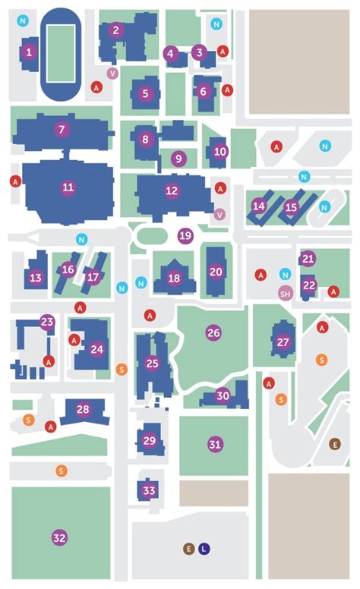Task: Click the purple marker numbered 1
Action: click(x=29, y=52)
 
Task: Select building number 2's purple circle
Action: click(x=115, y=30)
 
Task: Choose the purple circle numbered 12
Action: click(x=172, y=191)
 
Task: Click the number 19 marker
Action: click(x=185, y=235)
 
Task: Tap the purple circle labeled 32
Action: click(x=59, y=537)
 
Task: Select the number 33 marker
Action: click(x=149, y=491)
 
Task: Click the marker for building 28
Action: click(x=83, y=410)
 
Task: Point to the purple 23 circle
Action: click(x=48, y=322)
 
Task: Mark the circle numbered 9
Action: click(x=178, y=159)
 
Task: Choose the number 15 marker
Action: click(x=291, y=206)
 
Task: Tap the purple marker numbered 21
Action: click(x=308, y=259)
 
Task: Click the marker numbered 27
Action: click(x=283, y=342)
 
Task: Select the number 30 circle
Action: click(x=223, y=395)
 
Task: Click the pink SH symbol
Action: click(x=286, y=294)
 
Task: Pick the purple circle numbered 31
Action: click(x=215, y=444)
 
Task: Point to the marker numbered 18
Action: click(x=175, y=279)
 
